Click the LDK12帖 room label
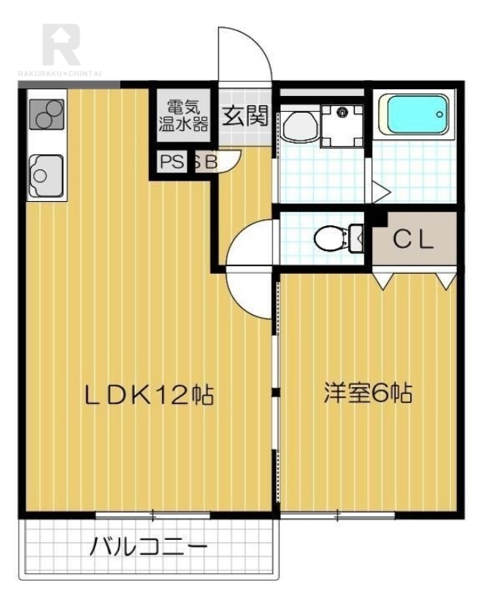click(149, 395)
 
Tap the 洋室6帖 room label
click(368, 393)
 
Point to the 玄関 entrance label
click(245, 116)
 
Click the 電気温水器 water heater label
click(184, 116)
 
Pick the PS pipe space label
click(172, 162)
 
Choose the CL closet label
click(413, 240)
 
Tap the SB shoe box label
click(206, 162)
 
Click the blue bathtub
click(416, 115)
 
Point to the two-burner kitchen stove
click(47, 114)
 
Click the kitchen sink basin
click(46, 175)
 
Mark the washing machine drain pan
click(343, 126)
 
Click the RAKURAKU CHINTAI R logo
click(61, 45)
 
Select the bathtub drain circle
click(440, 114)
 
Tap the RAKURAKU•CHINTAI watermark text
click(61, 73)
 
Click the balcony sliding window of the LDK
click(153, 515)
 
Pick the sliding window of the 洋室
click(337, 515)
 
